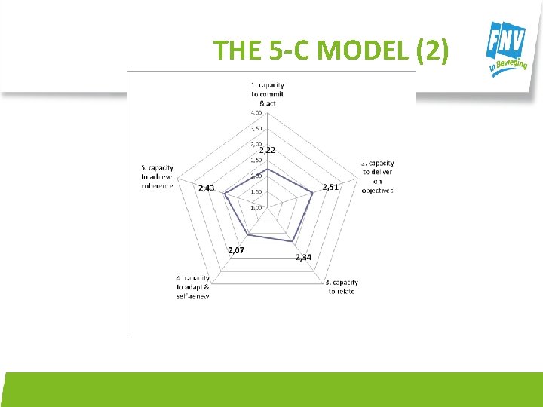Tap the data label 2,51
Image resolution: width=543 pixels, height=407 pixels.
point(330,187)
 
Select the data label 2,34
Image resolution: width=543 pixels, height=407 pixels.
point(303,257)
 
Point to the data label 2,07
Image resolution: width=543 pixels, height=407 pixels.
point(235,250)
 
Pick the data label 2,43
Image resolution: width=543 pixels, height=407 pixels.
point(206,188)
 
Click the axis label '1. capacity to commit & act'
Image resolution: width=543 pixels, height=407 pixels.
point(268,93)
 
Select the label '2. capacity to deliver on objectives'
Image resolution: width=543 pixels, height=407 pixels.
point(377,176)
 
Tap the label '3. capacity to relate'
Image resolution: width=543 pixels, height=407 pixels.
point(342,287)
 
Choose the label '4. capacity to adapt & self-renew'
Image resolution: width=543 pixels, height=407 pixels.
point(193,287)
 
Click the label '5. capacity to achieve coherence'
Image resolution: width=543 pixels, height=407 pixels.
point(158,177)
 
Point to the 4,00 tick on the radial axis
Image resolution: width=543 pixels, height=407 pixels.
point(256,113)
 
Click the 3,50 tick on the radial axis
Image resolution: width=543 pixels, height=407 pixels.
point(256,129)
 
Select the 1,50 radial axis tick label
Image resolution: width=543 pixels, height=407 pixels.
point(256,191)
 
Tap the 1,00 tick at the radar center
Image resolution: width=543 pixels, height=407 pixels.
point(256,207)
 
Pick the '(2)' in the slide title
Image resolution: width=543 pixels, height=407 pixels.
point(432,50)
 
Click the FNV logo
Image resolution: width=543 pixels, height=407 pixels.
point(508,49)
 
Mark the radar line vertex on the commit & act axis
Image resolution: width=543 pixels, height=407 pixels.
point(268,169)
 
